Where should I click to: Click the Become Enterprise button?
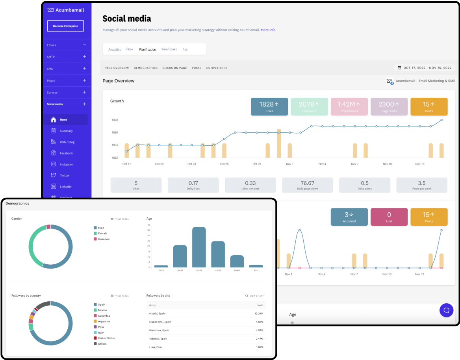click(x=65, y=26)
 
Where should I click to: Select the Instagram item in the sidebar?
click(x=66, y=164)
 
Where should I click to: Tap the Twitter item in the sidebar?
click(x=65, y=176)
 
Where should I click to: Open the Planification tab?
click(x=147, y=50)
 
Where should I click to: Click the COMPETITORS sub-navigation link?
click(x=217, y=68)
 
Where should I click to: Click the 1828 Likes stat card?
click(x=269, y=107)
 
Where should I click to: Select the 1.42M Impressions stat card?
click(x=349, y=107)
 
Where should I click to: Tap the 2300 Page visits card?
click(x=389, y=107)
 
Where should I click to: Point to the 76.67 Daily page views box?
click(x=307, y=185)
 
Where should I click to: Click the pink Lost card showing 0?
click(x=389, y=217)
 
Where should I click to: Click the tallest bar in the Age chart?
click(x=199, y=247)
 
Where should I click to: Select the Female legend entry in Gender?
click(x=102, y=234)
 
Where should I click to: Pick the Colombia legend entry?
click(x=104, y=316)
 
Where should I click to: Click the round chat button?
click(x=446, y=310)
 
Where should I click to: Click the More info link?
click(x=268, y=30)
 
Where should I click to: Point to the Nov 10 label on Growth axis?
click(x=387, y=164)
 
